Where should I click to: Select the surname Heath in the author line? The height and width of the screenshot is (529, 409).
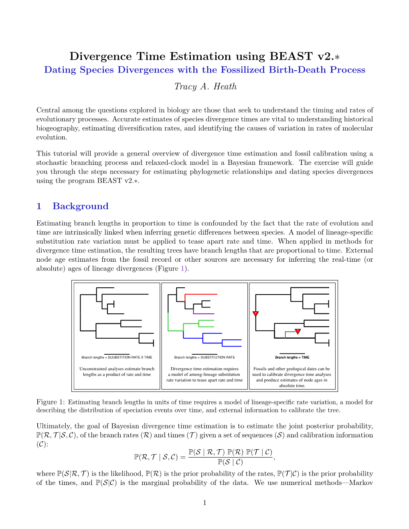point(225,87)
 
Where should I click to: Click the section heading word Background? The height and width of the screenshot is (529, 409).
point(81,206)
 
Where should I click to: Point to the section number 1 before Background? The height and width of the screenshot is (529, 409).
point(39,206)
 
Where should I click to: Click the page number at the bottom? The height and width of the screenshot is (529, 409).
point(204,503)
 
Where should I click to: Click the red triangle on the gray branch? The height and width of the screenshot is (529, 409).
point(298,331)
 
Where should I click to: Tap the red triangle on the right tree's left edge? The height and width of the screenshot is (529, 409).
point(255,314)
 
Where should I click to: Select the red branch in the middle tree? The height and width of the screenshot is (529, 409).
point(200,294)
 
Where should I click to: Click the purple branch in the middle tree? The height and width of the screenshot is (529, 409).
point(204,313)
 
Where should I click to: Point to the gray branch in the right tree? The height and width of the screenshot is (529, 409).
point(290,332)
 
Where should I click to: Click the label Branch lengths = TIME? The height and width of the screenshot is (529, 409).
point(292,357)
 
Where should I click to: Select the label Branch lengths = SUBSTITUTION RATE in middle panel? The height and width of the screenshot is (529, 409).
point(204,357)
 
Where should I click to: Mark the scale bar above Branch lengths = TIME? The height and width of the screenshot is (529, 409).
point(292,353)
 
